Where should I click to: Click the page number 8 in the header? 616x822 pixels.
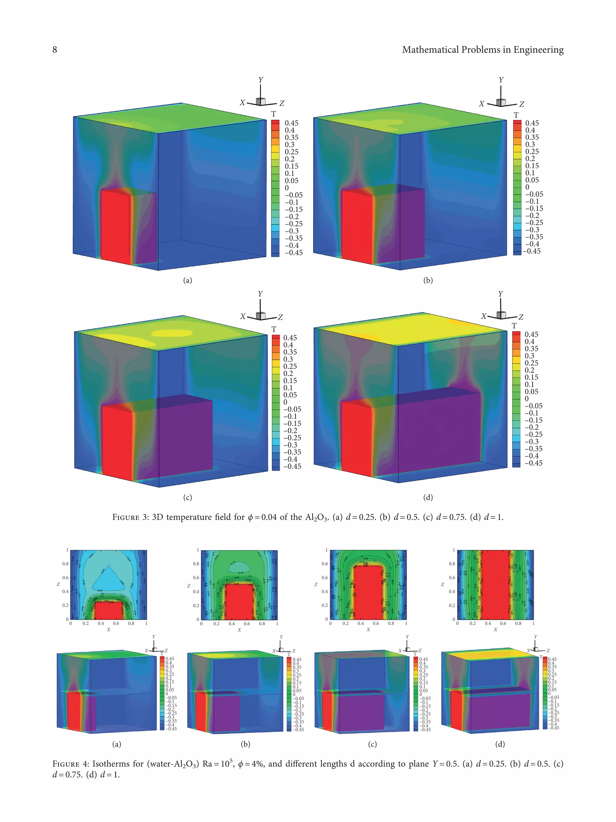(x=54, y=50)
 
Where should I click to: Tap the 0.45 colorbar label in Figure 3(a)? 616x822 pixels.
(x=291, y=123)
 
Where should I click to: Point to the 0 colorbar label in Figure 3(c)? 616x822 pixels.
(x=285, y=402)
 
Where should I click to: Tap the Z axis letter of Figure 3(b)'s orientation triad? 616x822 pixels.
(x=521, y=104)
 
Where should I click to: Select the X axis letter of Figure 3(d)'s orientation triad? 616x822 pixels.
(x=483, y=316)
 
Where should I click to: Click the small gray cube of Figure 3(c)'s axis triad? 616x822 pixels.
(x=261, y=315)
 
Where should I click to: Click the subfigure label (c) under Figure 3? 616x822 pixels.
(x=187, y=497)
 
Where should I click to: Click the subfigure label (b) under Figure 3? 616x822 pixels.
(x=428, y=280)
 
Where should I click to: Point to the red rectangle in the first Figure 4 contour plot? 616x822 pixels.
(x=108, y=610)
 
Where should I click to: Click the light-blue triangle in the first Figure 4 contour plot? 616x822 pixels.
(x=108, y=580)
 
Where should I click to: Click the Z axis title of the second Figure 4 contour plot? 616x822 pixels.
(x=189, y=586)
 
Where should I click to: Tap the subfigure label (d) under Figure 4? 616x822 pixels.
(x=500, y=744)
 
